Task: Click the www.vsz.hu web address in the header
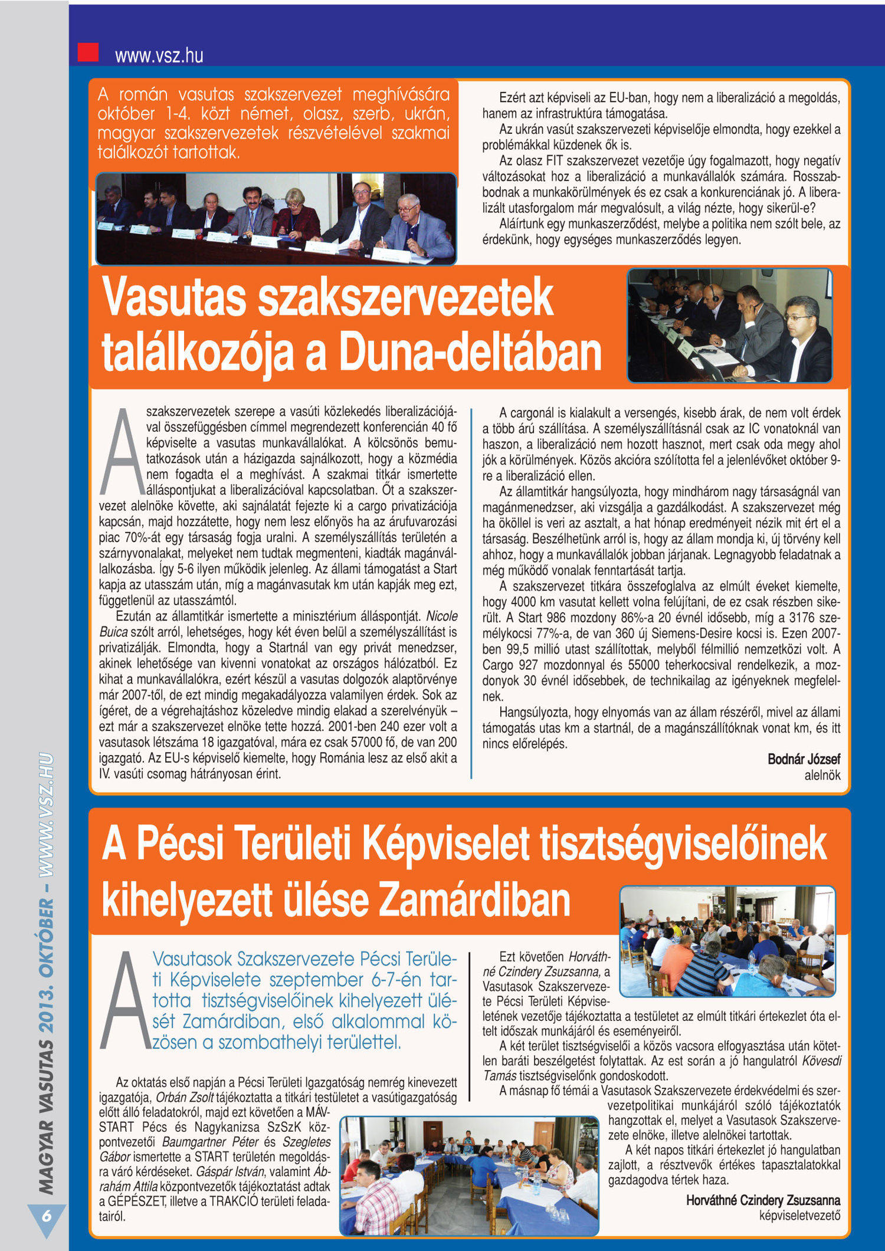pos(159,55)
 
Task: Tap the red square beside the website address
pos(88,52)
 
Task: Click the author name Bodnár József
pos(804,759)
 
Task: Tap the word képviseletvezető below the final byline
pos(799,1215)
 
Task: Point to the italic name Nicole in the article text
pos(441,616)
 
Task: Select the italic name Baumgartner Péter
pos(210,1142)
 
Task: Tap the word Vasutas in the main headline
pos(175,298)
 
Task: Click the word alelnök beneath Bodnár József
pos(822,775)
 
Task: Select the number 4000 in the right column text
pos(523,602)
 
